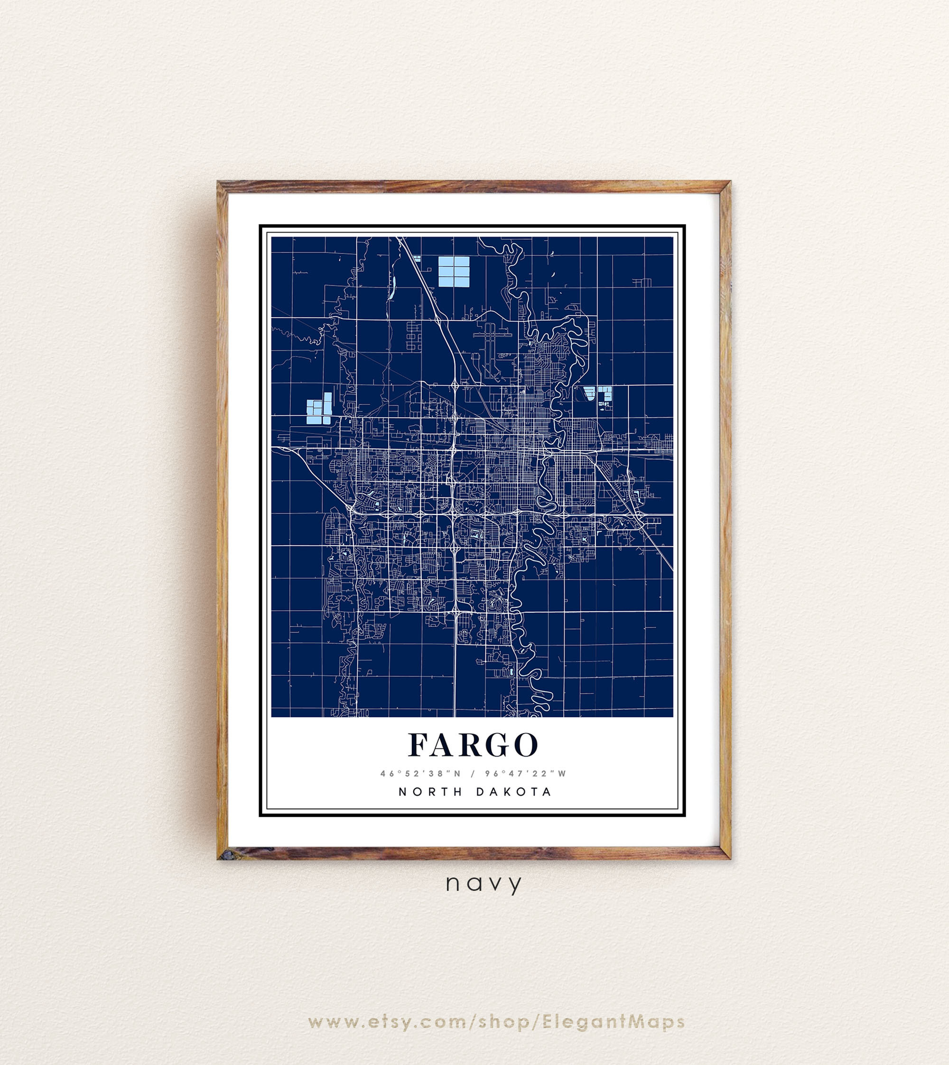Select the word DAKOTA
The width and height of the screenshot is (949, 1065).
tap(514, 792)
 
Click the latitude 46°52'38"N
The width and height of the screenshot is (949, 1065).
tap(421, 774)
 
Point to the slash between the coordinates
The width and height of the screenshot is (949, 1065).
tap(474, 774)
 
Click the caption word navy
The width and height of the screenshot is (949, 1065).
tap(484, 884)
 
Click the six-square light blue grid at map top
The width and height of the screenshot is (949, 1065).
tap(453, 272)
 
